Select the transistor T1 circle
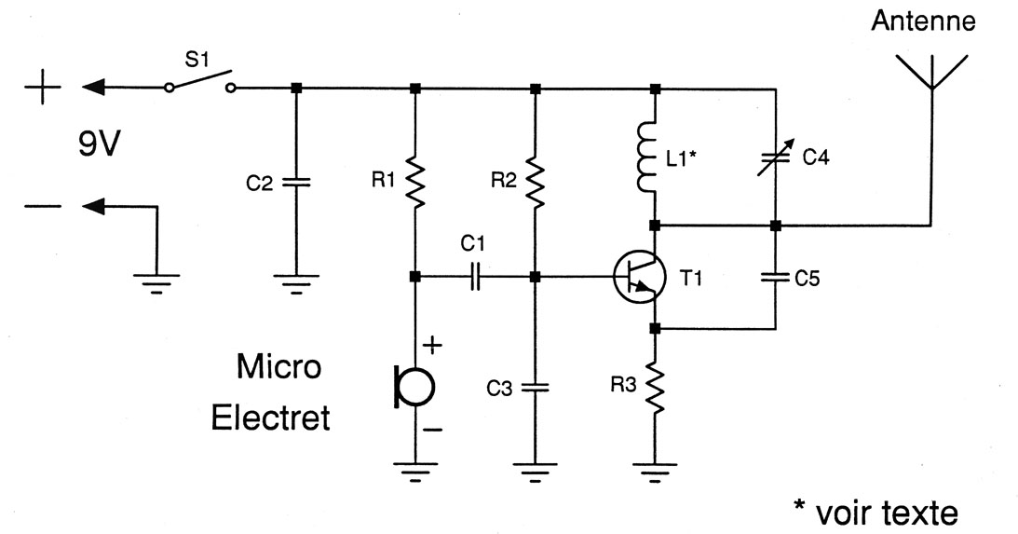tap(640, 277)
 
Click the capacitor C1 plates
tap(474, 277)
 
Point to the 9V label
tap(98, 147)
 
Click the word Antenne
tap(923, 21)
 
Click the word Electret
tap(271, 418)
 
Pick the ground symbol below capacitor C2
tap(295, 281)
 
